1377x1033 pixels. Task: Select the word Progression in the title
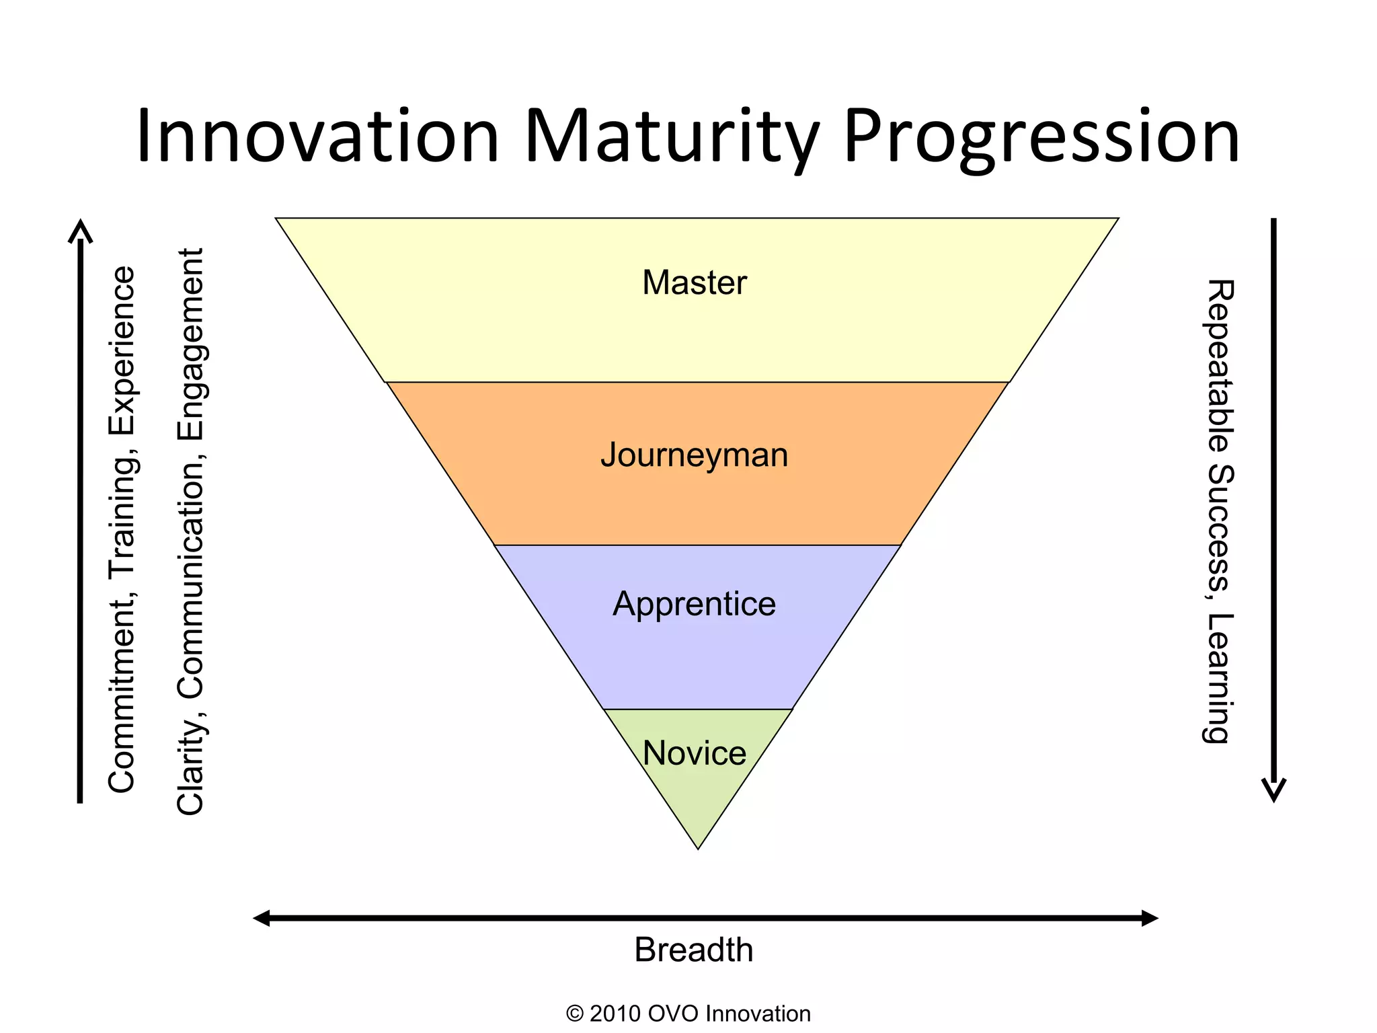pyautogui.click(x=1041, y=137)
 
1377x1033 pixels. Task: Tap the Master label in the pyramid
pyautogui.click(x=694, y=282)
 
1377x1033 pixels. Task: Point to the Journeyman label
pyautogui.click(x=694, y=455)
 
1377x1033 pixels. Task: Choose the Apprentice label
pyautogui.click(x=694, y=604)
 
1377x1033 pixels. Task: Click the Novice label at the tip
pyautogui.click(x=694, y=753)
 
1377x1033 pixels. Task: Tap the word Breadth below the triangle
pyautogui.click(x=693, y=950)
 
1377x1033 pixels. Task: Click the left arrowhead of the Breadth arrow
pyautogui.click(x=261, y=918)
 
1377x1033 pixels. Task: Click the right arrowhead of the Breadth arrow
pyautogui.click(x=1150, y=918)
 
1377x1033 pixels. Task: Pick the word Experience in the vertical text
pyautogui.click(x=122, y=350)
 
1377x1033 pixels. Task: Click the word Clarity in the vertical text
pyautogui.click(x=190, y=767)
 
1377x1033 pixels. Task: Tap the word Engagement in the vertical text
pyautogui.click(x=190, y=344)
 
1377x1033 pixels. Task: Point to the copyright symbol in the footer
pyautogui.click(x=575, y=1013)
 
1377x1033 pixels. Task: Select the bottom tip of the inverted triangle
pyautogui.click(x=698, y=847)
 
